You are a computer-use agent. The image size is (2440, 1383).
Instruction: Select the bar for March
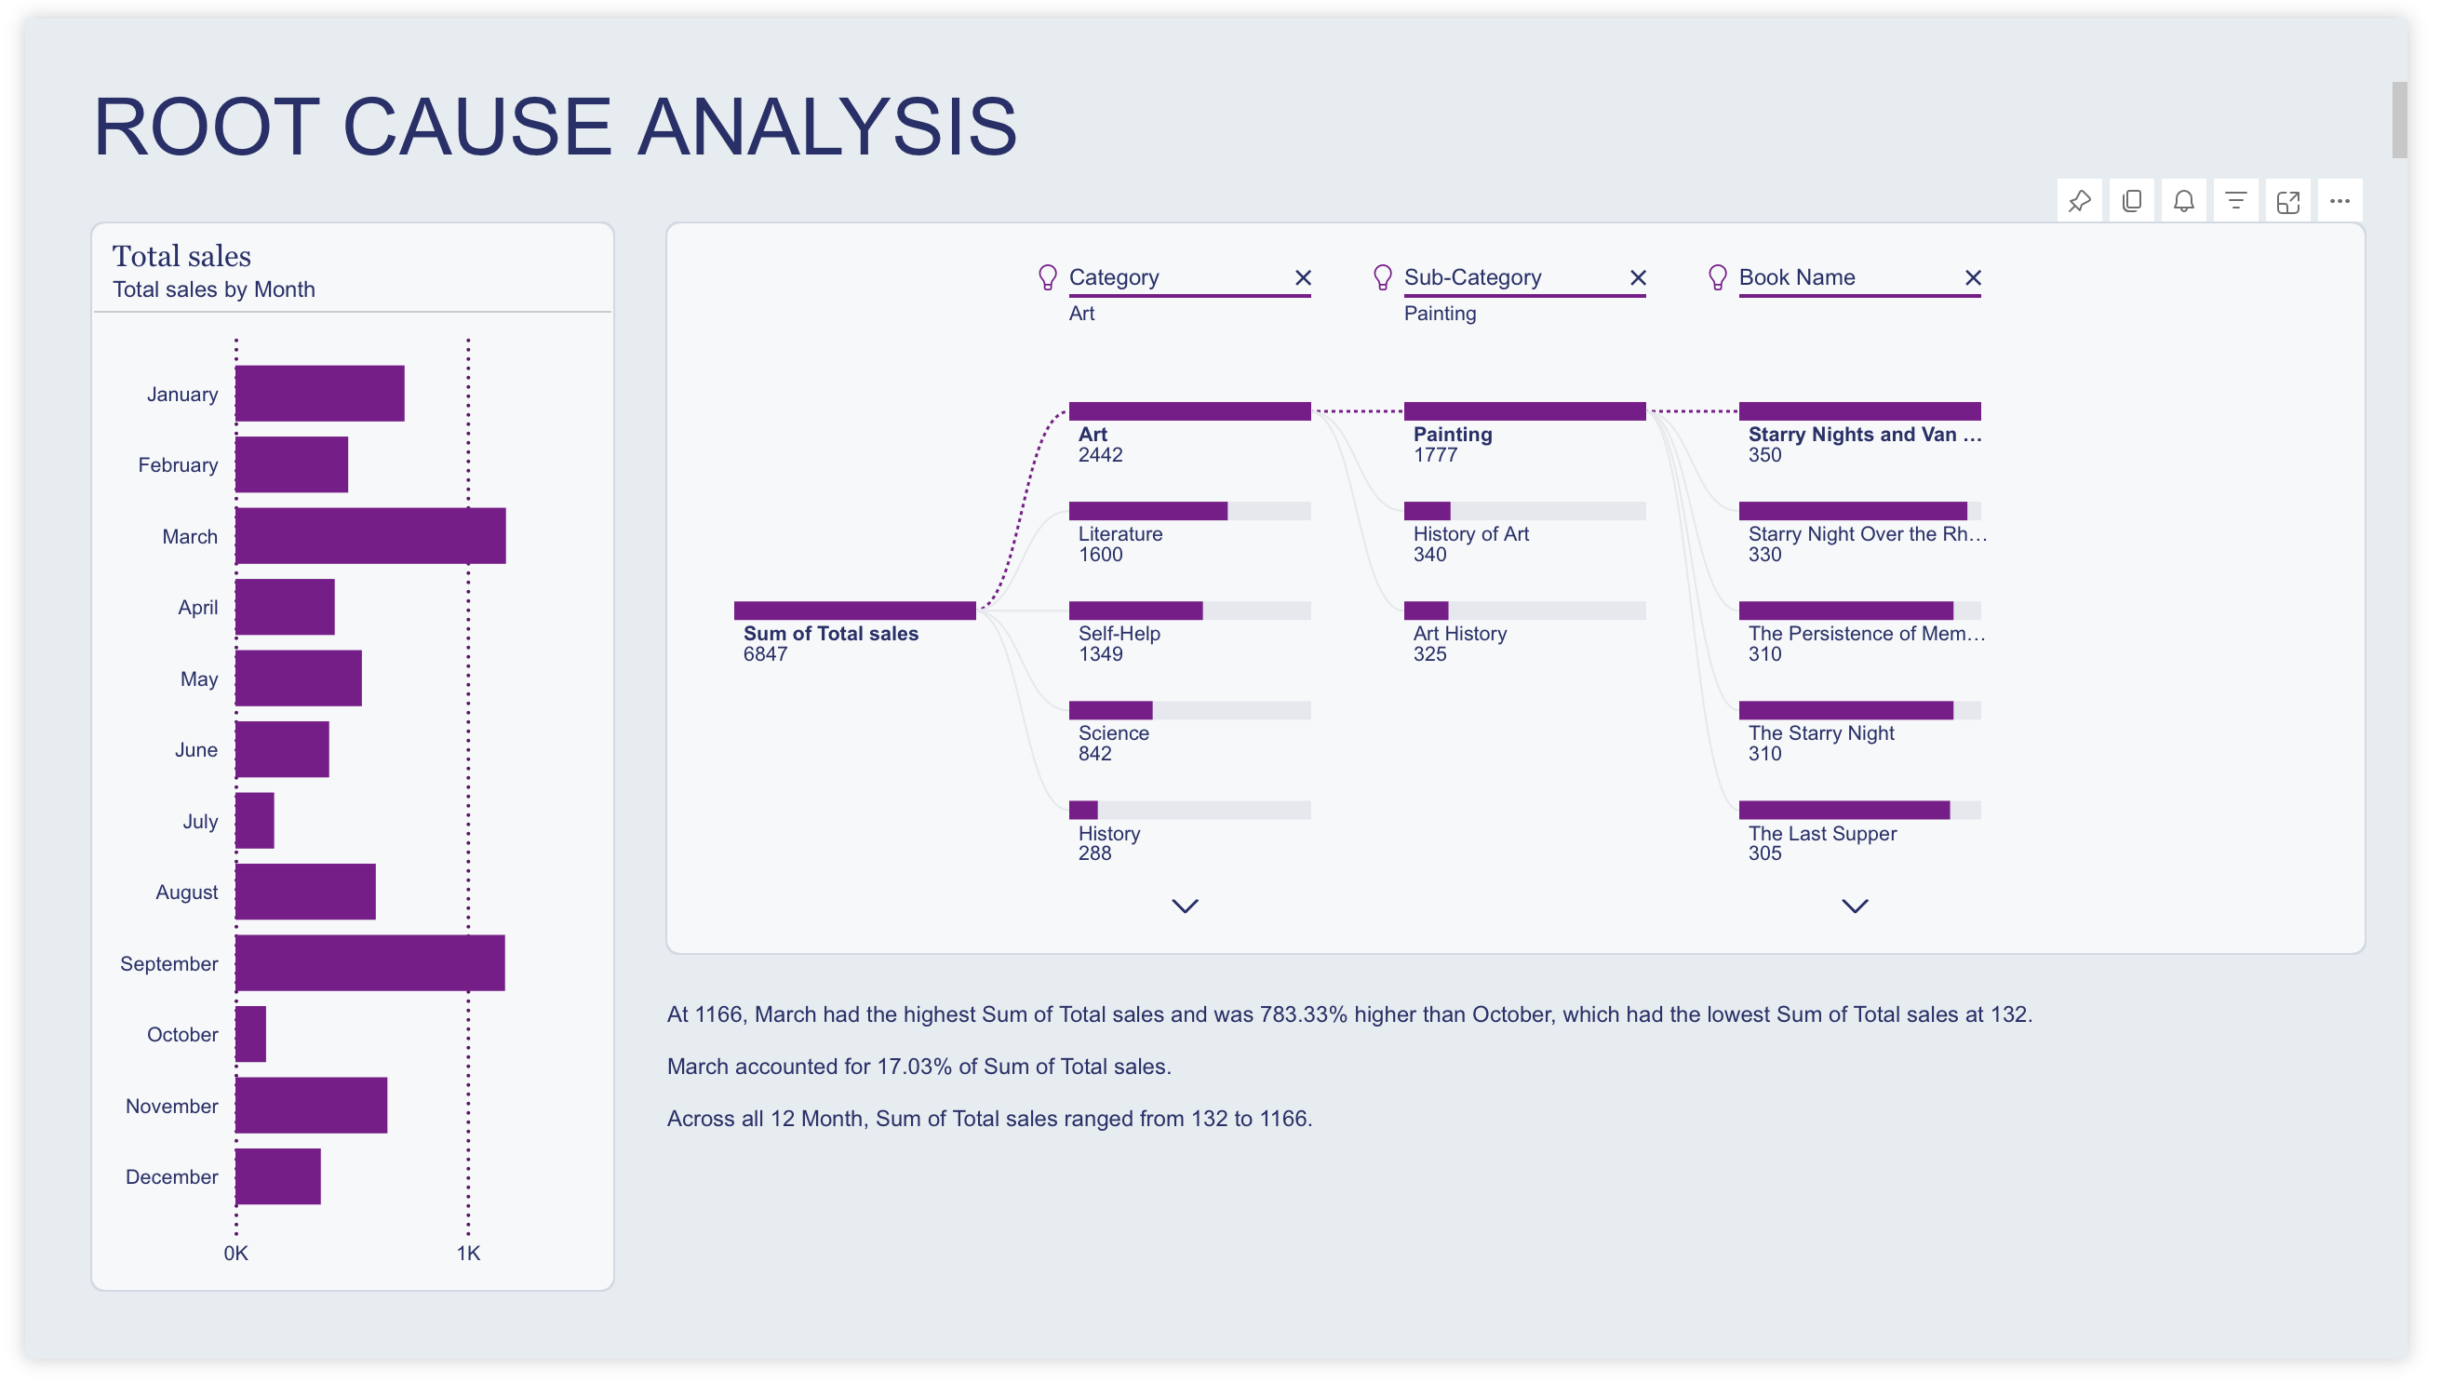370,537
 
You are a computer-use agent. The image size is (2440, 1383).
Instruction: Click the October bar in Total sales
250,1035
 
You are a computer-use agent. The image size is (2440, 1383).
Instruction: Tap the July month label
199,822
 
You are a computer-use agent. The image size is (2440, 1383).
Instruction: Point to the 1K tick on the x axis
468,1255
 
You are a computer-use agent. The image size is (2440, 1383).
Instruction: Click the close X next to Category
1304,278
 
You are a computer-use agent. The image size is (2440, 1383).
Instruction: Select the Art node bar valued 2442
1190,412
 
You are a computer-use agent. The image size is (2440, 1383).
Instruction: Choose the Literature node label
1120,535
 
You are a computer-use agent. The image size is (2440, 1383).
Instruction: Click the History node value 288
1095,854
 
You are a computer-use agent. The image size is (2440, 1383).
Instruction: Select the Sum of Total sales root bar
855,611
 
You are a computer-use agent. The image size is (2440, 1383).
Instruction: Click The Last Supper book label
1823,834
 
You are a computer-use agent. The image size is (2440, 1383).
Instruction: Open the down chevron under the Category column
1186,907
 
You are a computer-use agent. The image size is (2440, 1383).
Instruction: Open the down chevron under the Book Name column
1856,907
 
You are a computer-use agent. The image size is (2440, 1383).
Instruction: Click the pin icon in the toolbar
2080,201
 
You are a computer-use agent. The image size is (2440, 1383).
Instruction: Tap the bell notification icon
2184,201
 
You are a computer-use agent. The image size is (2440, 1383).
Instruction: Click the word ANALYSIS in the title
826,128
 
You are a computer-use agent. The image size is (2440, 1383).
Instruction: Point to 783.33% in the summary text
1303,1015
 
